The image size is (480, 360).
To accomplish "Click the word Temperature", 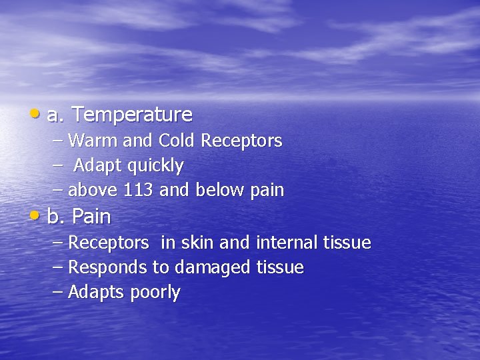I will [x=132, y=115].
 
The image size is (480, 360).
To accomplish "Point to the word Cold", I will [x=177, y=141].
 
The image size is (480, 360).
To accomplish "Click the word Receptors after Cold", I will [x=241, y=141].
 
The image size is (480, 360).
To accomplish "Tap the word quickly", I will [x=153, y=166].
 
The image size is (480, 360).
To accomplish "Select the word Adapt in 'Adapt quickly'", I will [x=95, y=165].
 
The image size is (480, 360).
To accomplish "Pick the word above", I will [x=93, y=191].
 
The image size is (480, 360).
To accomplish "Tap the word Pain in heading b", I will [x=91, y=217].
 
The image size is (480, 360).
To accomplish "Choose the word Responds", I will [x=107, y=268].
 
